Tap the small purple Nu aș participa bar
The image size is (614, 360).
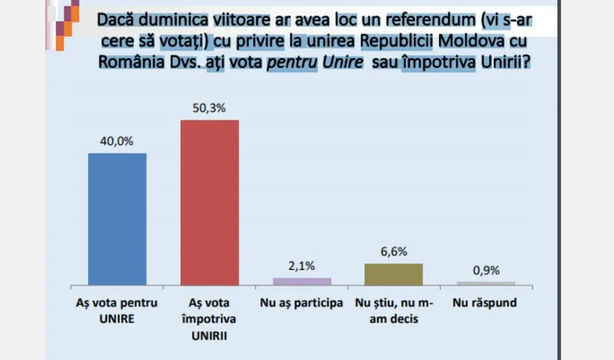(x=301, y=281)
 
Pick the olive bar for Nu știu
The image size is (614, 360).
(x=394, y=274)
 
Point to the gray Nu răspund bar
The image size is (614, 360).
(x=485, y=283)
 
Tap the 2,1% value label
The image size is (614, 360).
(x=301, y=266)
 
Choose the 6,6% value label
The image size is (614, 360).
(x=394, y=251)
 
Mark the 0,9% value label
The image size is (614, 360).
(x=485, y=270)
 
